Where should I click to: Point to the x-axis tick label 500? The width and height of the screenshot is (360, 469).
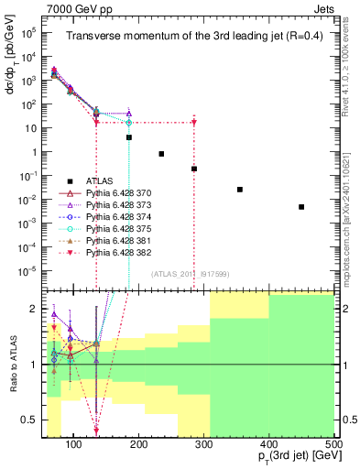pos(333,445)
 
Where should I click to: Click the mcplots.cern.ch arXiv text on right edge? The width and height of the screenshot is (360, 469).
pos(353,220)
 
